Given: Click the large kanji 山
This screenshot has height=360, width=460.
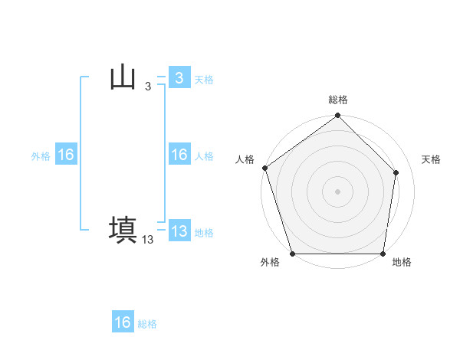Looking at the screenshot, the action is [x=123, y=78].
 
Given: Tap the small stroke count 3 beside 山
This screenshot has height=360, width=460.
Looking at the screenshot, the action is [x=147, y=87].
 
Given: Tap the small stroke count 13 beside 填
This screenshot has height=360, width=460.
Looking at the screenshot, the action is [x=148, y=240].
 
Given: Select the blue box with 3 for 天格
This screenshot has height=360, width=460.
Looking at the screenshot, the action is [x=179, y=78].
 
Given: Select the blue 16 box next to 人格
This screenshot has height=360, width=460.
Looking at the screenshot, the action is [x=179, y=155].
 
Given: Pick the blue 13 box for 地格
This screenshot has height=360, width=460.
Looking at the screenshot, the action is [x=179, y=231].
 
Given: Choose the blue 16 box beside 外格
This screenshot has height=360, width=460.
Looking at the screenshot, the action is [x=65, y=155].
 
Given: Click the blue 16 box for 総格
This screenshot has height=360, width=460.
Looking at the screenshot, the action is [x=123, y=322].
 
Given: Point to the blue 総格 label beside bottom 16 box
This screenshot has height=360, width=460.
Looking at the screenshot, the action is [x=147, y=324].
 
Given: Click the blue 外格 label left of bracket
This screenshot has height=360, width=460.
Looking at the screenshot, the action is [x=41, y=156].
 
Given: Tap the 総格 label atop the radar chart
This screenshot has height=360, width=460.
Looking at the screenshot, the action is [x=338, y=100].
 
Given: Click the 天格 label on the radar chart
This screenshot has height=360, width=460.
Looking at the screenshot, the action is [x=432, y=159].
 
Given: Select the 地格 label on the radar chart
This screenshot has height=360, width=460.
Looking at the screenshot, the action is [x=402, y=262].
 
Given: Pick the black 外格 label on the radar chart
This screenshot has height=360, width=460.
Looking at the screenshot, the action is [x=270, y=262].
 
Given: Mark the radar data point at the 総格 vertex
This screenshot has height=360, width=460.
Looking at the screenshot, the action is [x=338, y=116].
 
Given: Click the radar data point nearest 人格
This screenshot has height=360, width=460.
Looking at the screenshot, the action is [x=264, y=168].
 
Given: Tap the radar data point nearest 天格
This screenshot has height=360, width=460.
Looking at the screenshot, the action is [x=396, y=172].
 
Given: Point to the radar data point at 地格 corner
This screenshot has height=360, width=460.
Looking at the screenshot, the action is [x=383, y=254].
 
